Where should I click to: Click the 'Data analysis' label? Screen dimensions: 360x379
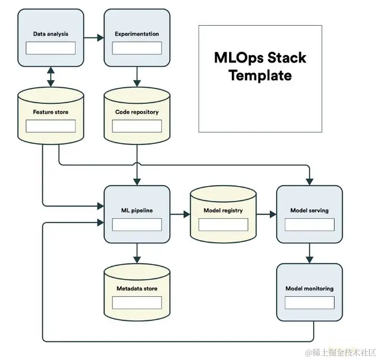(x=51, y=34)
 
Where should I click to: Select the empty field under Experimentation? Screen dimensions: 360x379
(x=137, y=48)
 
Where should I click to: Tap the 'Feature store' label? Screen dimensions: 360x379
(x=51, y=112)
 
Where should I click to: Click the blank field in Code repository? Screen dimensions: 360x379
(x=137, y=126)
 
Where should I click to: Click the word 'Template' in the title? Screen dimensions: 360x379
(x=260, y=75)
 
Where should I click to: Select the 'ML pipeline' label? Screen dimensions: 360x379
(x=137, y=210)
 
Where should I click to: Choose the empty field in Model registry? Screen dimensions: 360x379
(x=223, y=225)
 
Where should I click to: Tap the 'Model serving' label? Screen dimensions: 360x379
(x=309, y=210)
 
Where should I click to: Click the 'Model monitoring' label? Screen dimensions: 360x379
(x=309, y=288)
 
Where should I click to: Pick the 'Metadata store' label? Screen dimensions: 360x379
(x=137, y=288)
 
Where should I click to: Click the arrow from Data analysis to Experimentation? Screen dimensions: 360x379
(x=94, y=37)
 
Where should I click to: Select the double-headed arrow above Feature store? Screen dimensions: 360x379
(x=51, y=77)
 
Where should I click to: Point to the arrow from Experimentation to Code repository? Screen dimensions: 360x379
(x=137, y=76)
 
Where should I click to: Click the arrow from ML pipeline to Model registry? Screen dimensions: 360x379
(x=180, y=214)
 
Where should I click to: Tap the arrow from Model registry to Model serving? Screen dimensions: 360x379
(x=267, y=214)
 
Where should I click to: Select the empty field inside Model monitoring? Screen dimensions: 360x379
(x=309, y=303)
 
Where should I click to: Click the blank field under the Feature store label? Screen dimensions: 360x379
(x=51, y=126)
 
